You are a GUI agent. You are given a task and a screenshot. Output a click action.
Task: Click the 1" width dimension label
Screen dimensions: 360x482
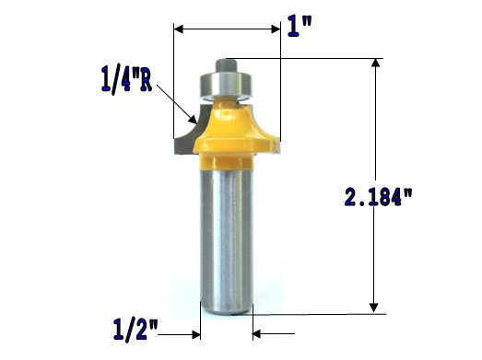click(299, 25)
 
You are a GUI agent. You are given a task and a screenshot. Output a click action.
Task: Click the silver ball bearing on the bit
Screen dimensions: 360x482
click(226, 85)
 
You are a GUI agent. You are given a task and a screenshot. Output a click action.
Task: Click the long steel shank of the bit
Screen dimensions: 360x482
click(226, 239)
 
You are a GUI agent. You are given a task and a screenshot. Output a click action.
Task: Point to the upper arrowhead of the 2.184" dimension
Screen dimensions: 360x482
click(374, 65)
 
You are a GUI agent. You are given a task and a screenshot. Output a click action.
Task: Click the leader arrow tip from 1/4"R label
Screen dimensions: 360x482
click(192, 120)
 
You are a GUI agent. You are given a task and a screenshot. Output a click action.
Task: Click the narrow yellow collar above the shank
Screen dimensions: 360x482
click(226, 163)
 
